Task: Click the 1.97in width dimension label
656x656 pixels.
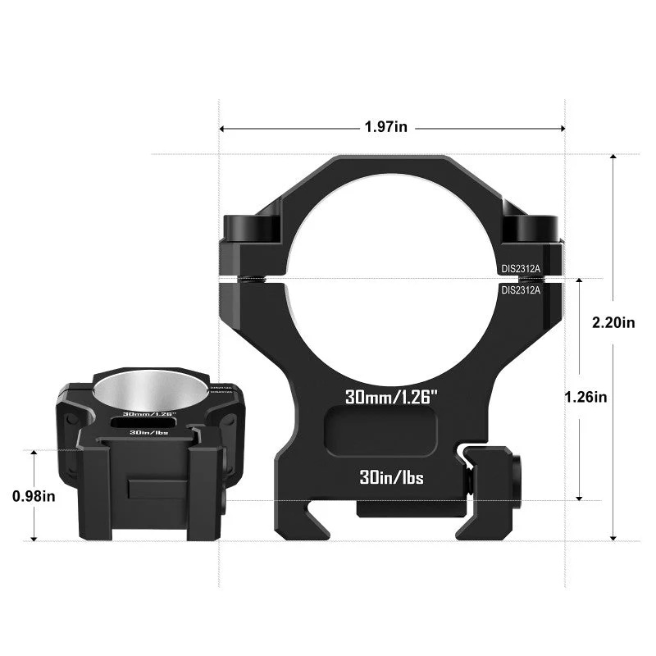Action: click(385, 127)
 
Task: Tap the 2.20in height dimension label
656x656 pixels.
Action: click(613, 323)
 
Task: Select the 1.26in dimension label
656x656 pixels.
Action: click(585, 397)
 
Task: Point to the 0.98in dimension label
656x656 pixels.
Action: click(34, 496)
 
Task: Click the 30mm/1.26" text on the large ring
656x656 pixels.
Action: click(392, 397)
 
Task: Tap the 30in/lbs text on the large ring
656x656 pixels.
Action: click(391, 477)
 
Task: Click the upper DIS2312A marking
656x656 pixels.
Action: click(522, 267)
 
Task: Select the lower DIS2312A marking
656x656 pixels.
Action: click(522, 289)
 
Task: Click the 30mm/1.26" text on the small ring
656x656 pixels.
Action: click(149, 413)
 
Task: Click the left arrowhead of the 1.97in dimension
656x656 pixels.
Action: click(223, 128)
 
